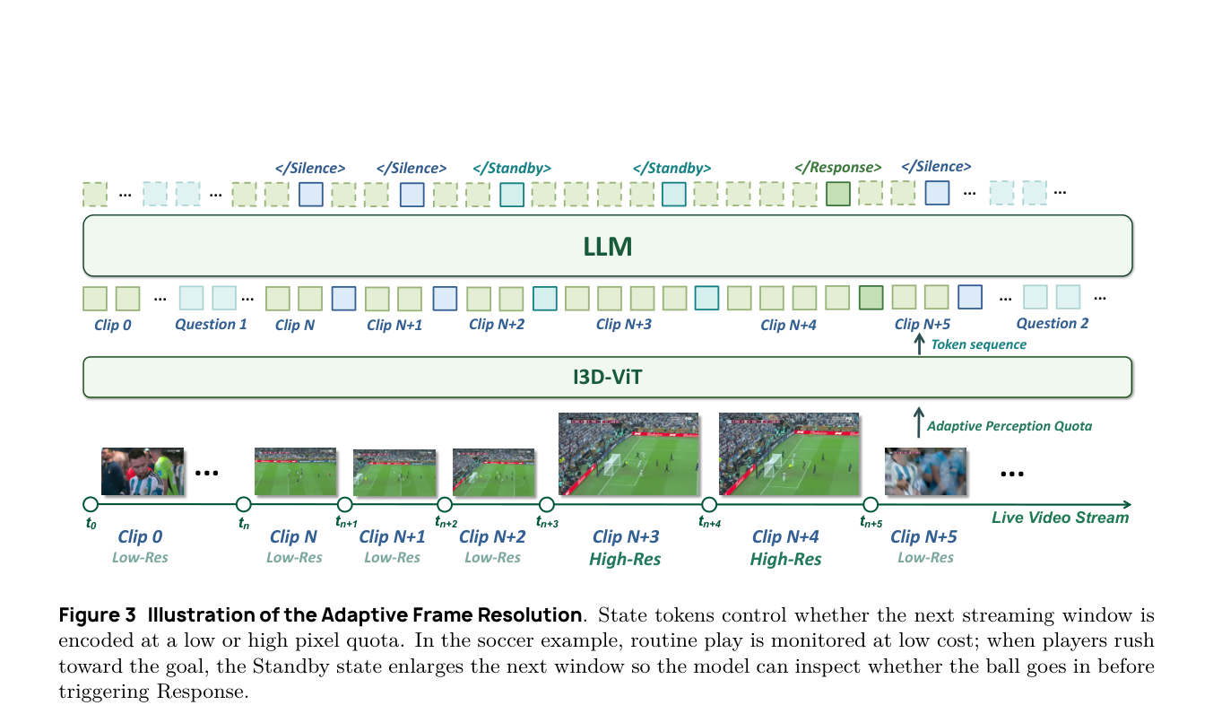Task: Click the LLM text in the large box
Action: coord(607,247)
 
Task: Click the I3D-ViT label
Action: coord(607,377)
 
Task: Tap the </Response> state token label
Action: coord(837,168)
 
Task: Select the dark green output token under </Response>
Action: coord(837,194)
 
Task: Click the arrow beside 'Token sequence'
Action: coord(919,344)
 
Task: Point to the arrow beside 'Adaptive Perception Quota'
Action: coord(918,422)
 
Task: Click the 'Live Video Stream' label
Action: coord(1060,518)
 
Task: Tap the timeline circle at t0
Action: coord(91,504)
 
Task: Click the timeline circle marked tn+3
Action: coord(547,505)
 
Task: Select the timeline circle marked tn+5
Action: coord(871,505)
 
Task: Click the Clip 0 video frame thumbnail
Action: coord(143,471)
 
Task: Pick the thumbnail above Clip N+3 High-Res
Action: coord(628,454)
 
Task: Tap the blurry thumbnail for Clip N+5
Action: coord(925,471)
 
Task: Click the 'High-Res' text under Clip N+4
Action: coord(785,559)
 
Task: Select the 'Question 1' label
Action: coord(211,325)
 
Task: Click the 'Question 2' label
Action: coord(1053,324)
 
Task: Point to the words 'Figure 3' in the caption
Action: coord(97,615)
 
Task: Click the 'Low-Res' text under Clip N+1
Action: coord(392,557)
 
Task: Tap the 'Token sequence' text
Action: coord(978,344)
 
